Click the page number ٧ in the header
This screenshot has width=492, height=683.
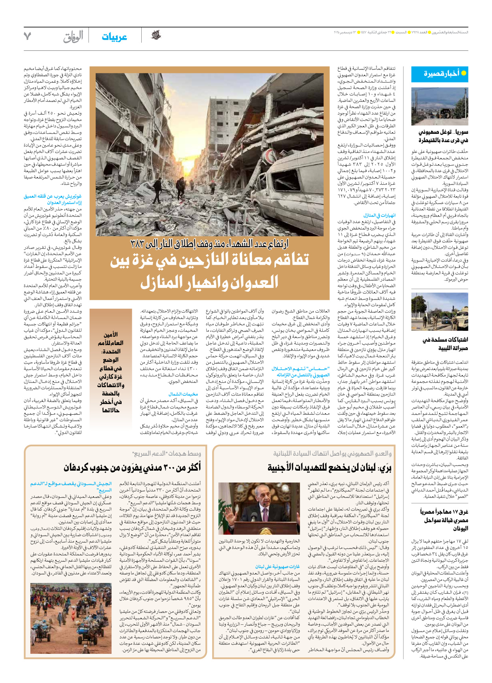click(27, 36)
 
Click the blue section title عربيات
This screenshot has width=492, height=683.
click(114, 37)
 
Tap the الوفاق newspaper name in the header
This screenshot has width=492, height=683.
click(73, 37)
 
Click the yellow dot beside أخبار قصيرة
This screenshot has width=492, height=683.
click(463, 73)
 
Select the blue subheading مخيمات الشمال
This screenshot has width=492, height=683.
click(183, 394)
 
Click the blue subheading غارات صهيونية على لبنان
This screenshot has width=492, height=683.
click(277, 566)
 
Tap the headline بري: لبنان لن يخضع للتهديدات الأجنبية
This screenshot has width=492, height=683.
click(329, 468)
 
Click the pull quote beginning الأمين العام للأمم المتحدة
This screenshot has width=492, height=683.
click(110, 372)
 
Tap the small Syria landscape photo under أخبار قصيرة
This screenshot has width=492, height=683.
click(439, 106)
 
